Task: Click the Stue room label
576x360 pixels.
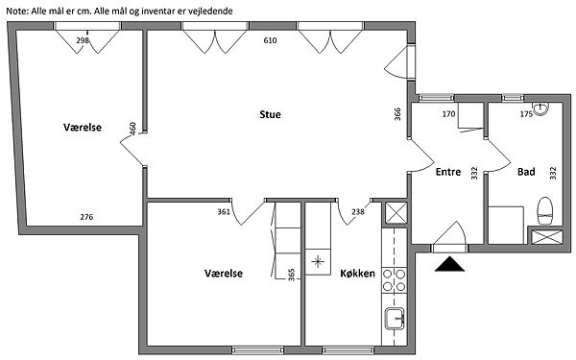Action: pos(270,114)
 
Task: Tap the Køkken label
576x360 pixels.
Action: pos(357,274)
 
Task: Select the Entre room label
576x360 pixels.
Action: pos(448,172)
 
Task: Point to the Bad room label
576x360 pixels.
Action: pos(526,172)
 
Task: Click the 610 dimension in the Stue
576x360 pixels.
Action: pos(270,40)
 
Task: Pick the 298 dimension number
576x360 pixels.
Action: pos(83,40)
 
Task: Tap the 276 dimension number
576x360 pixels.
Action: pos(86,217)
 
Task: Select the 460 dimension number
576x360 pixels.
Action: pos(132,129)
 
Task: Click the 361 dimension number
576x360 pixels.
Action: pos(224,212)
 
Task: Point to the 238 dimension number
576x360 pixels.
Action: pos(358,211)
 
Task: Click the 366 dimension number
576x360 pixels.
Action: pos(397,114)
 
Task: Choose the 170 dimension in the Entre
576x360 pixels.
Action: pos(448,114)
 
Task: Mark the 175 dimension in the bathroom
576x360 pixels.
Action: pos(526,114)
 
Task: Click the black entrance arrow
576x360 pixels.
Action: pos(449,265)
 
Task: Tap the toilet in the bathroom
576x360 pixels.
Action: pos(544,211)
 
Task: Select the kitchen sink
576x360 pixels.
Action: pos(395,318)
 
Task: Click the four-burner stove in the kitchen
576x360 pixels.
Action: pos(395,280)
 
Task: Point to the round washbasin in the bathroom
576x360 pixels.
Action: pos(540,109)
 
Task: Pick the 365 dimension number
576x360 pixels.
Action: pos(291,275)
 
